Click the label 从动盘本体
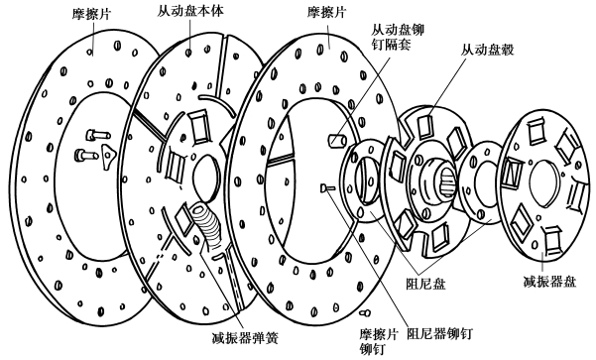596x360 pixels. (x=190, y=11)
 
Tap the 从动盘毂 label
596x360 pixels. (x=487, y=50)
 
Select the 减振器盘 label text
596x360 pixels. (x=549, y=282)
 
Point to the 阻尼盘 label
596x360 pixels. (x=425, y=284)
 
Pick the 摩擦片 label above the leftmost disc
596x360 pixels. (x=91, y=15)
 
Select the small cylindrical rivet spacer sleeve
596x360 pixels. (x=337, y=140)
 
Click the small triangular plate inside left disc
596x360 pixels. (x=108, y=156)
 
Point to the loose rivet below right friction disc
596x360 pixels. (x=365, y=312)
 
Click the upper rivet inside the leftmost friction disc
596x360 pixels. (x=98, y=134)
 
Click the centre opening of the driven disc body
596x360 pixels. (x=207, y=178)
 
